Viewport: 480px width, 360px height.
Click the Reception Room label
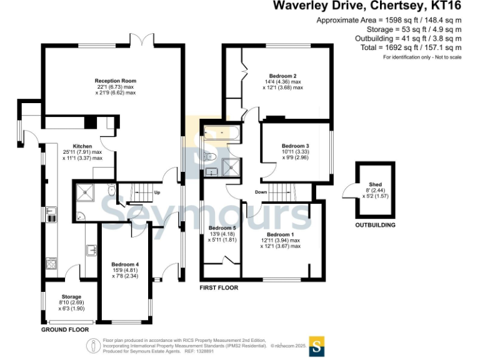pos(115,81)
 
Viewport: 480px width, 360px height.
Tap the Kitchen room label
pos(82,145)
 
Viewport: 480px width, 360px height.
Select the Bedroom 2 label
pos(282,76)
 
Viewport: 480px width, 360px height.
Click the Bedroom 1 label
pos(280,234)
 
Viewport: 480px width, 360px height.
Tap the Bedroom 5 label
pos(222,228)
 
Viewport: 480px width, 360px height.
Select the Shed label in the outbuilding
pos(375,184)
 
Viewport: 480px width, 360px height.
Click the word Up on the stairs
pos(157,192)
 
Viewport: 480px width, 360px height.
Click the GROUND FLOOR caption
pos(64,329)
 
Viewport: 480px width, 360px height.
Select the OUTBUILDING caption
pos(375,225)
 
